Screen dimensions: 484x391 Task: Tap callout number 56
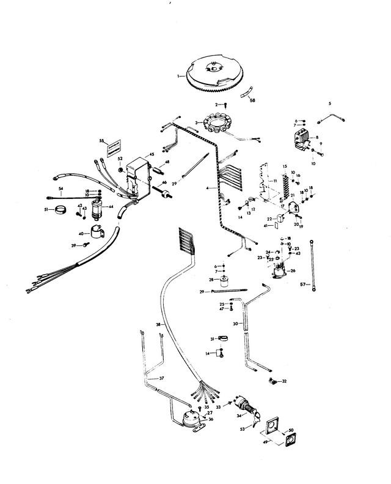pyautogui.click(x=253, y=100)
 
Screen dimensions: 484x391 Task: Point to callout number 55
pyautogui.click(x=102, y=141)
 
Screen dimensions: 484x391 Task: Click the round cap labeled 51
pyautogui.click(x=61, y=212)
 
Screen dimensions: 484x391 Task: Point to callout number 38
pyautogui.click(x=158, y=324)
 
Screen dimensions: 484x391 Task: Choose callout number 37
pyautogui.click(x=161, y=378)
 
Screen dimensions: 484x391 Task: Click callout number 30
pyautogui.click(x=235, y=324)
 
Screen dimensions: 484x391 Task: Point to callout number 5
pyautogui.click(x=331, y=104)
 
